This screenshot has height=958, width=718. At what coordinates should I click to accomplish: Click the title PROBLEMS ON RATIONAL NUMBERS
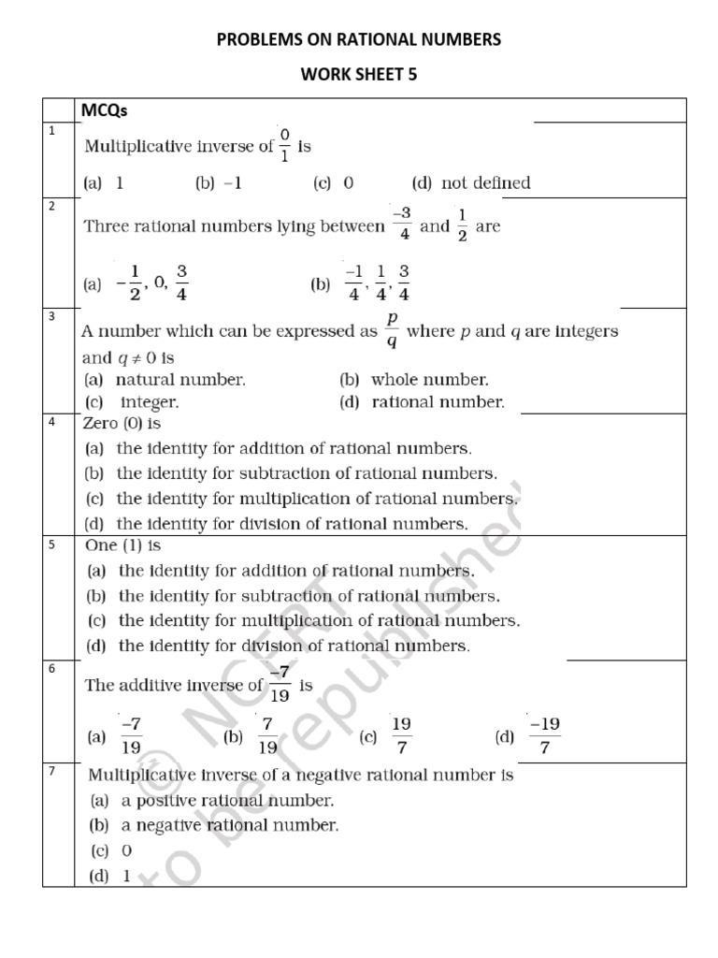point(359,39)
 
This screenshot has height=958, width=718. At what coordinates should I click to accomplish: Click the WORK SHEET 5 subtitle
point(359,77)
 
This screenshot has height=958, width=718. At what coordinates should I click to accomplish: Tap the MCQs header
point(105,110)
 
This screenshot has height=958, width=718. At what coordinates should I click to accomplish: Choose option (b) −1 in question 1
point(219,183)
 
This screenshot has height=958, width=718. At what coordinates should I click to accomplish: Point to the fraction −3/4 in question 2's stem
point(403,225)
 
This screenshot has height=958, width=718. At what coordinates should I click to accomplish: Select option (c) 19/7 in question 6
point(386,737)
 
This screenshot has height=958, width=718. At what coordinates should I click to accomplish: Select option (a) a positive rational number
point(211,801)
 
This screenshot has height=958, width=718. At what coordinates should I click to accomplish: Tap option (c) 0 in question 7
point(112,850)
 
